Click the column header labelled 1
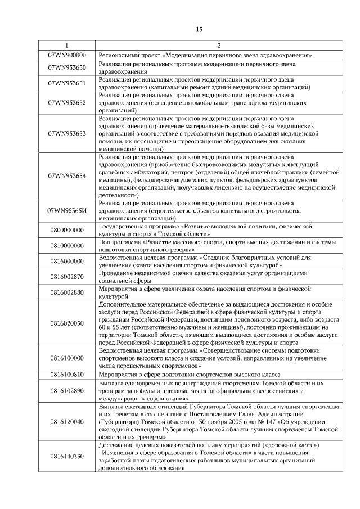pyautogui.click(x=67, y=46)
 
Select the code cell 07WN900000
pyautogui.click(x=67, y=55)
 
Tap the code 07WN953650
pyautogui.click(x=67, y=68)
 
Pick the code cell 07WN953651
pyautogui.click(x=67, y=84)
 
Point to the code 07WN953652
pyautogui.click(x=67, y=103)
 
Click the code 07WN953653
pyautogui.click(x=67, y=134)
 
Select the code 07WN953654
pyautogui.click(x=67, y=176)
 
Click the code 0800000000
pyautogui.click(x=67, y=230)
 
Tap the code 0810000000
pyautogui.click(x=67, y=246)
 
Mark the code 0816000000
pyautogui.click(x=67, y=262)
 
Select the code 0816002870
pyautogui.click(x=67, y=277)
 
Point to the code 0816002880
pyautogui.click(x=67, y=292)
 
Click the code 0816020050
pyautogui.click(x=67, y=323)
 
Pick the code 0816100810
pyautogui.click(x=67, y=374)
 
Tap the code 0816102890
pyautogui.click(x=67, y=390)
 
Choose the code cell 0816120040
pyautogui.click(x=67, y=421)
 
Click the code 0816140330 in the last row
pyautogui.click(x=67, y=456)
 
